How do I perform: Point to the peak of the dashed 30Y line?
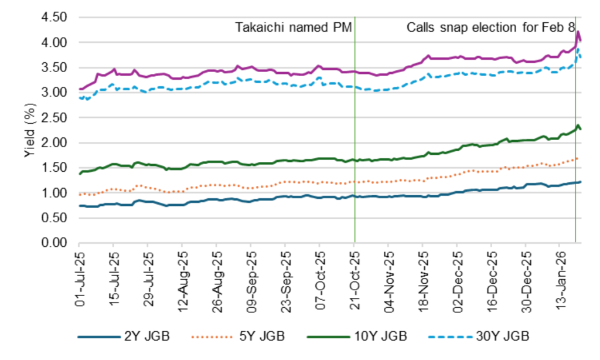(578, 50)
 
